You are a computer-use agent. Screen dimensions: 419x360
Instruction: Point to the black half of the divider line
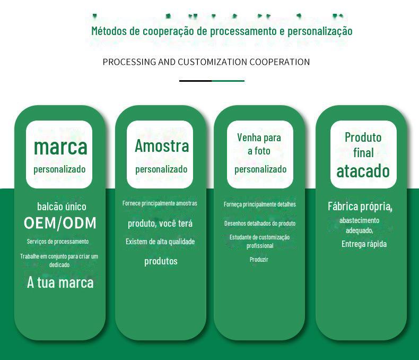tap(195, 81)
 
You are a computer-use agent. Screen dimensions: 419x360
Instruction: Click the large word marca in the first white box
tap(60, 148)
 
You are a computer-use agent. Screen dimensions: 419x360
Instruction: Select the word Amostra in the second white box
tap(162, 146)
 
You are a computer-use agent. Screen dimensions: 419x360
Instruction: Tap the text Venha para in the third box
tap(259, 138)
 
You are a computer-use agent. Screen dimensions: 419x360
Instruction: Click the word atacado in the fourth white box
tap(363, 171)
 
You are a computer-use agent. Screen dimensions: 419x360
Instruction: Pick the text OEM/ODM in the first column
tap(60, 223)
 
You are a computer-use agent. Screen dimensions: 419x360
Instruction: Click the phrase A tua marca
tap(60, 282)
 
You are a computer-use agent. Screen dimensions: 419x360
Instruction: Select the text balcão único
tap(62, 207)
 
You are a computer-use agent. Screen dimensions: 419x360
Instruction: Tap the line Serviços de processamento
tap(58, 242)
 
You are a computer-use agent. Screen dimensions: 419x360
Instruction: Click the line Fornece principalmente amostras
tap(160, 203)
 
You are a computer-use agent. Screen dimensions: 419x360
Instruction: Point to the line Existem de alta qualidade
tap(160, 242)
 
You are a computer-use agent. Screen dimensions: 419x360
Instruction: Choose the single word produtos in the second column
tap(161, 261)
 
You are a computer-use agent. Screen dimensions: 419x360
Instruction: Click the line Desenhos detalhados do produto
tap(260, 224)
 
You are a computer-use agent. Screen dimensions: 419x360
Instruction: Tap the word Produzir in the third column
tap(259, 260)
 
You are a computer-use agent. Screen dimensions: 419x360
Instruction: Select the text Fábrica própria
tap(360, 207)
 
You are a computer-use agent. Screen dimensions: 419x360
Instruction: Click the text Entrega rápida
tap(364, 244)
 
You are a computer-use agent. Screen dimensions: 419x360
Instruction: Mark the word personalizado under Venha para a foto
tap(260, 169)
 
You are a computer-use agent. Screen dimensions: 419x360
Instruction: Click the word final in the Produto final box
tap(363, 153)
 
